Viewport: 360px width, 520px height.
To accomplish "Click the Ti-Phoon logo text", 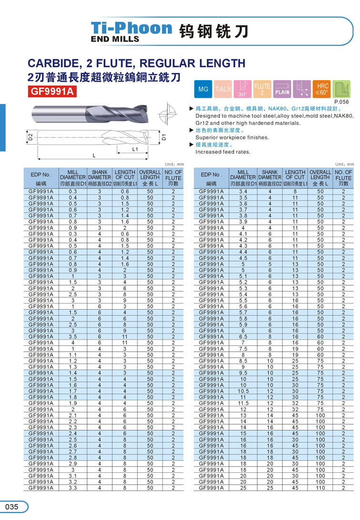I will (x=132, y=28).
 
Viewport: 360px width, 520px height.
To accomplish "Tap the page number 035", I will (x=11, y=507).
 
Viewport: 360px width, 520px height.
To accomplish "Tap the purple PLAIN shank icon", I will (x=282, y=89).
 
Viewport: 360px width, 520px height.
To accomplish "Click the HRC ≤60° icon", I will (x=321, y=89).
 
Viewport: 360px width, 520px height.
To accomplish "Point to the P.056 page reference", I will (x=341, y=102).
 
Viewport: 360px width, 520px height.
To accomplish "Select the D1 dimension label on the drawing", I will (x=164, y=137).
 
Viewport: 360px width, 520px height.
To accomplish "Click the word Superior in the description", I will (x=207, y=137).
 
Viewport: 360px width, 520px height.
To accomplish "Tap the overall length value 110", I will (x=320, y=488).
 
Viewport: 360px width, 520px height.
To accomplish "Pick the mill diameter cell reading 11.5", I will (x=243, y=404).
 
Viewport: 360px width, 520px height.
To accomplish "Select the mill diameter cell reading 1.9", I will (x=73, y=403).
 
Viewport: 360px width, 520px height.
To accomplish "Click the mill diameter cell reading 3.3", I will (x=73, y=488).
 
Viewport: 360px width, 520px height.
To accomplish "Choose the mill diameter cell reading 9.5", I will (x=243, y=373).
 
